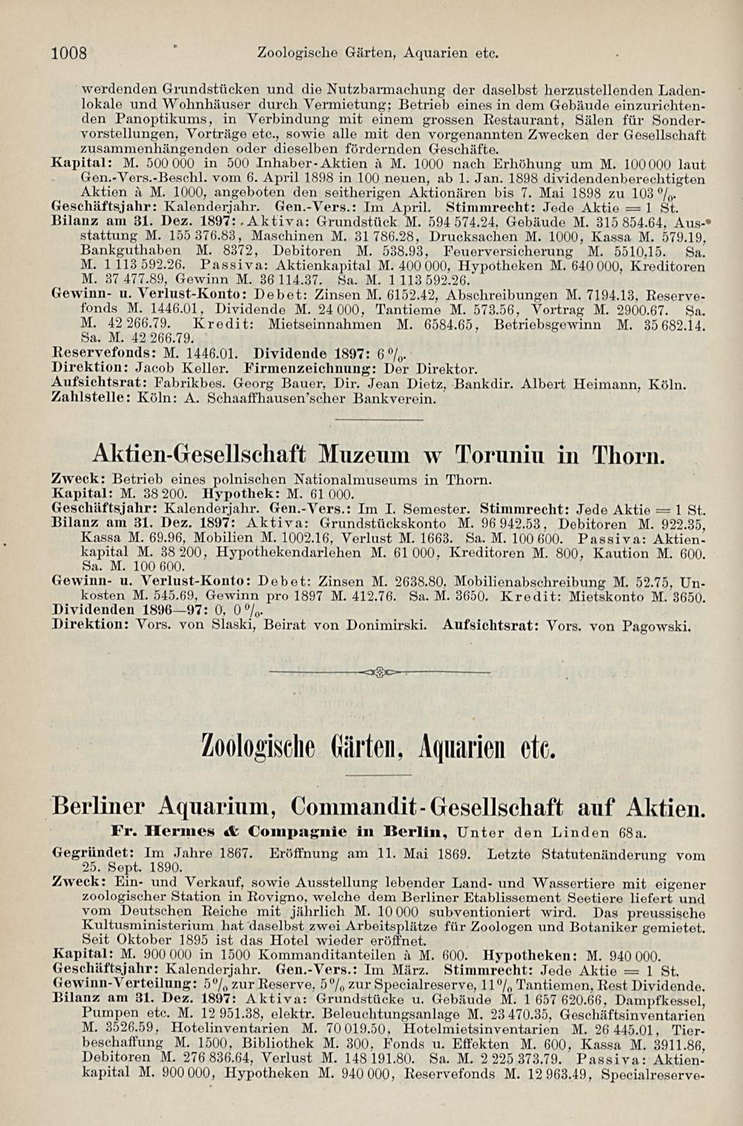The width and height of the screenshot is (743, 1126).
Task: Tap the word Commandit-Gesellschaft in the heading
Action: tap(427, 808)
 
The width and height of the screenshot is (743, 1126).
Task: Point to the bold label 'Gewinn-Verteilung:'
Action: tap(107, 983)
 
